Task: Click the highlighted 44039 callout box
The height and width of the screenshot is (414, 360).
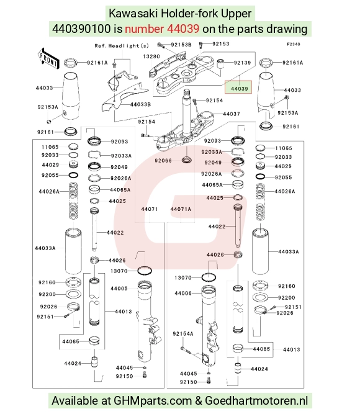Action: [x=238, y=87]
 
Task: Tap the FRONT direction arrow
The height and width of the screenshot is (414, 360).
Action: [x=48, y=59]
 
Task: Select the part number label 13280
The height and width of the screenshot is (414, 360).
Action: [x=151, y=56]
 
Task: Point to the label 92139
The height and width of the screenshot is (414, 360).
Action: [x=243, y=63]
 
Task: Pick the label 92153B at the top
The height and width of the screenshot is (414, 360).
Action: [x=181, y=45]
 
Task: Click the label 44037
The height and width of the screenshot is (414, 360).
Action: [x=232, y=114]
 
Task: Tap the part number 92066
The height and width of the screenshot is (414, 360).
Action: [x=163, y=161]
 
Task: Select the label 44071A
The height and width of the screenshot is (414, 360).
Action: [x=181, y=209]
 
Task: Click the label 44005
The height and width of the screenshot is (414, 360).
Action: [x=119, y=289]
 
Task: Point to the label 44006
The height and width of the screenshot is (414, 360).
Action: [x=183, y=293]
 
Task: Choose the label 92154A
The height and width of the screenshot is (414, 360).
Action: [x=183, y=334]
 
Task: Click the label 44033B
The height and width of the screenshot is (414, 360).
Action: [x=140, y=104]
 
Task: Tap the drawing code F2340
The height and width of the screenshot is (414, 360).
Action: [x=294, y=44]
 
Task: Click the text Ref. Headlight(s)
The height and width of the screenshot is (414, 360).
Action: [x=122, y=46]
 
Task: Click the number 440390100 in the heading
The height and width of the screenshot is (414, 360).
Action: [x=81, y=29]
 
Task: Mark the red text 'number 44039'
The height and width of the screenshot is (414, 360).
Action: [x=162, y=29]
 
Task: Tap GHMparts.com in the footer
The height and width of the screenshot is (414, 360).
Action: [x=153, y=401]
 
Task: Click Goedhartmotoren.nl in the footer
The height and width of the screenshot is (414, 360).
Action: [x=256, y=400]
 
